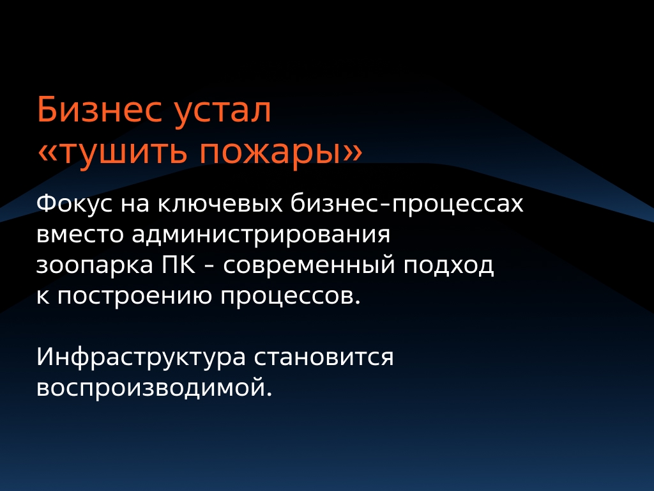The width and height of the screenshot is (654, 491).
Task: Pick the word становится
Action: point(324,357)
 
